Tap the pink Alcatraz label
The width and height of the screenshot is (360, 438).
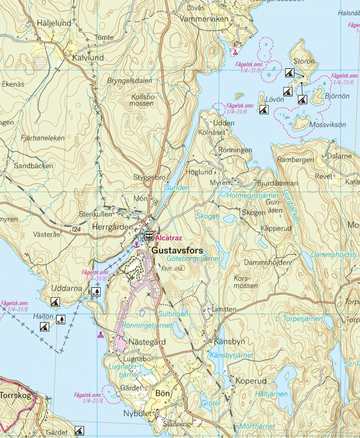click(169, 238)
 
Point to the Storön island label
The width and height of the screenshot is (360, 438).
click(304, 61)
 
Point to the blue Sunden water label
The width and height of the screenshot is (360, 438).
click(177, 188)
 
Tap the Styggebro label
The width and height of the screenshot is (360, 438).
click(149, 178)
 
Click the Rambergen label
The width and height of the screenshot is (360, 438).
click(295, 160)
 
